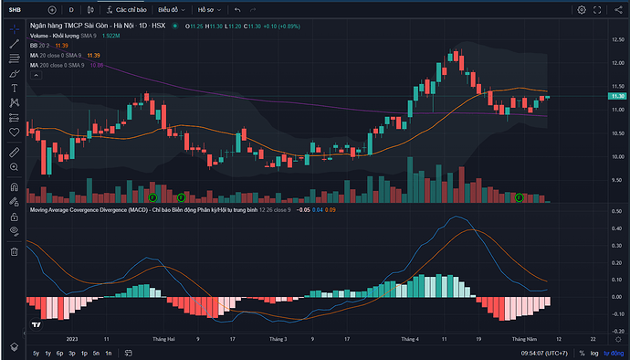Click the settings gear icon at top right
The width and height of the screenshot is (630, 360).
point(582,9)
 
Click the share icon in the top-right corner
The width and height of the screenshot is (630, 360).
point(618,9)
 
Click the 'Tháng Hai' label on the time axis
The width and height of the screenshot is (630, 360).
point(165,337)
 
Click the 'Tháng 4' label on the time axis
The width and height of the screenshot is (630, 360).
point(410,337)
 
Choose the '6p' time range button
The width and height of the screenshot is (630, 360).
point(60,353)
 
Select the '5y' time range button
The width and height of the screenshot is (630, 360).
point(36,353)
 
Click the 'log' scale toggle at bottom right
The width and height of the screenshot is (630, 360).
point(593,353)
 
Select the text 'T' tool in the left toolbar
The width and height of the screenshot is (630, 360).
point(14,88)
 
